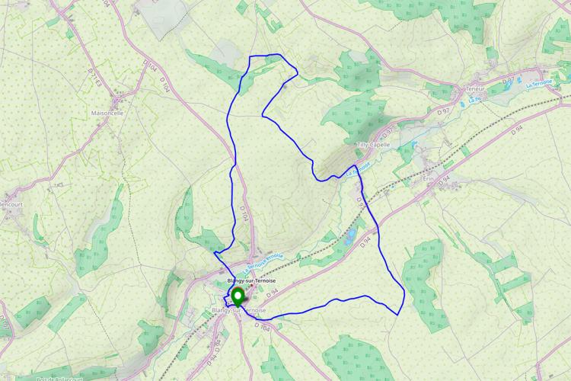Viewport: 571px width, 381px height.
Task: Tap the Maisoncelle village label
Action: pyautogui.click(x=107, y=112)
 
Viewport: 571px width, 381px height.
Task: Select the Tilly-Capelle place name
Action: pyautogui.click(x=373, y=144)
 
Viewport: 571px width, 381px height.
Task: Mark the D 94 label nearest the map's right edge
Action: pyautogui.click(x=518, y=130)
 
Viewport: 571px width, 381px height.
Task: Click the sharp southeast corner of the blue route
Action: pyautogui.click(x=399, y=313)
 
